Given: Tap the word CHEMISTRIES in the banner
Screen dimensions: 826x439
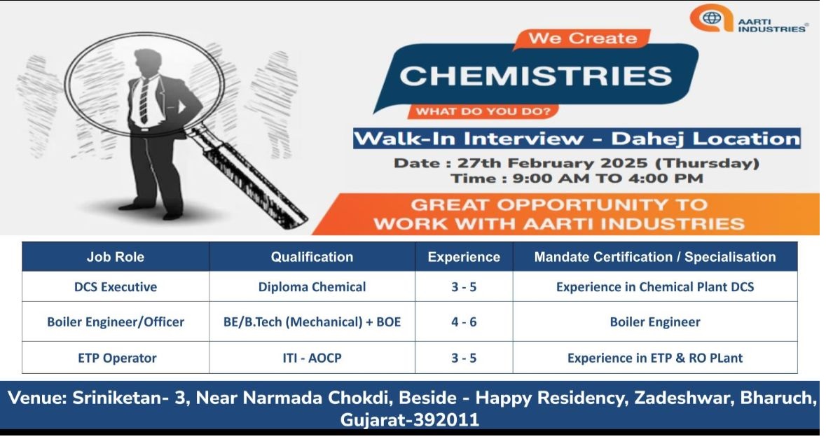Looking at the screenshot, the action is pos(536,76).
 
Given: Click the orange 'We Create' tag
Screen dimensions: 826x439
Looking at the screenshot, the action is pos(583,39).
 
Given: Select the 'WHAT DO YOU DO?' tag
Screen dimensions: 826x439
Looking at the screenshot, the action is pos(483,111).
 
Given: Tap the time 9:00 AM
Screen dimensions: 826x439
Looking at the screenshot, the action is pos(551,179).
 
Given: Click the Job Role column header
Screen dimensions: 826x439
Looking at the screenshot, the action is pos(116,257).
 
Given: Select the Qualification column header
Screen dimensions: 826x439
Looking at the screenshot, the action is pos(312,257).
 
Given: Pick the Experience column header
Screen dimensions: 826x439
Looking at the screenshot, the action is pos(464,257).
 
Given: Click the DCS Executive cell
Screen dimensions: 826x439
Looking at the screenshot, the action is pos(116,287).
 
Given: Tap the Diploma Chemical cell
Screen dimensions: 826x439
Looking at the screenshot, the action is pos(312,287).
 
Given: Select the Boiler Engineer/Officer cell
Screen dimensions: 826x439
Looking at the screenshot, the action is pos(116,322).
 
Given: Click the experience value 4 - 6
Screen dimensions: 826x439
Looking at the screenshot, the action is pos(464,322).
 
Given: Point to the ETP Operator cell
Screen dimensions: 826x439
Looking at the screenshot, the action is pos(117,358).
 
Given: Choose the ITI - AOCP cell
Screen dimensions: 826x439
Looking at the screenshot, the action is pos(312,358).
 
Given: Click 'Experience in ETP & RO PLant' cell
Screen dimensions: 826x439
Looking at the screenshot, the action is pos(655,358).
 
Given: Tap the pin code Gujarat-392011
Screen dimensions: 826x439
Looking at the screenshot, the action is pos(410,419).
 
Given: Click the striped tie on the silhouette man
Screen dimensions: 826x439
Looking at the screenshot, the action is pos(144,101).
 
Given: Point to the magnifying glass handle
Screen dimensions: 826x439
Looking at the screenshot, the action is pos(247,176).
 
